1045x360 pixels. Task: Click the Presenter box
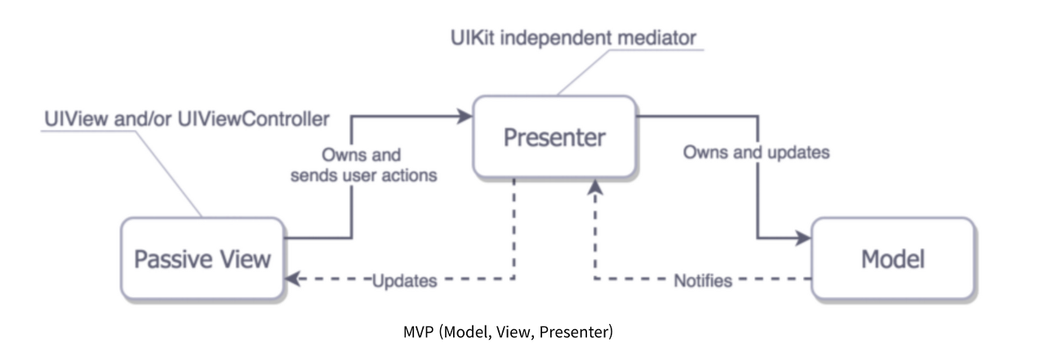coord(554,137)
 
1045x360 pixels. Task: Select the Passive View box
coord(202,259)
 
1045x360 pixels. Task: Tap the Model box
coord(892,259)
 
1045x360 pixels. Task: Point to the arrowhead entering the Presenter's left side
coord(466,117)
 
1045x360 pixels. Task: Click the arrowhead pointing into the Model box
coord(803,238)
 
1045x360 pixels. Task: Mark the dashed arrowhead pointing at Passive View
coord(292,279)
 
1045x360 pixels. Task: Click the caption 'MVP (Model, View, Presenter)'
coord(508,332)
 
